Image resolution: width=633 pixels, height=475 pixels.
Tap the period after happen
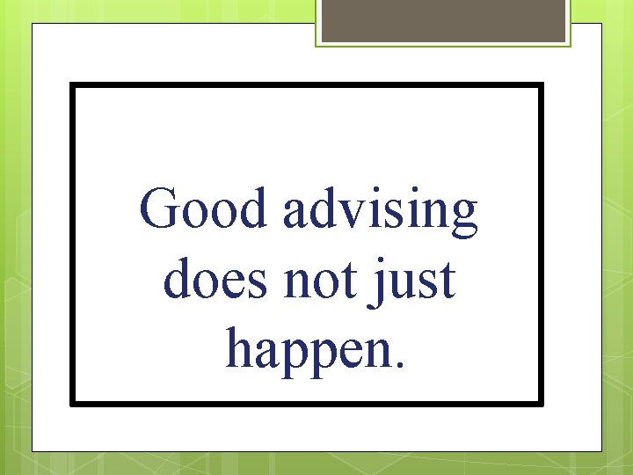(402, 364)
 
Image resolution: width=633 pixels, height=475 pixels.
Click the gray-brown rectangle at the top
(443, 20)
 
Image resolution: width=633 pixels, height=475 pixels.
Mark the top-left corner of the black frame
(72, 85)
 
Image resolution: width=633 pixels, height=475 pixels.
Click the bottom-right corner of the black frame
(541, 403)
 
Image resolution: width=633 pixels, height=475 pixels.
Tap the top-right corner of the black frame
(541, 85)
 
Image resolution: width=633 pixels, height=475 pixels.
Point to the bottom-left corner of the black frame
(72, 403)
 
